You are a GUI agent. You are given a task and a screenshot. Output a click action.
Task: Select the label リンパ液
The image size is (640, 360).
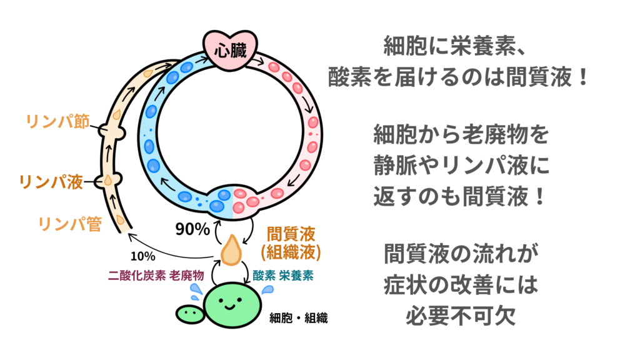click(51, 182)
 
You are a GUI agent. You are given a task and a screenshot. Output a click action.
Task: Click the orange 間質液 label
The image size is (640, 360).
click(291, 233)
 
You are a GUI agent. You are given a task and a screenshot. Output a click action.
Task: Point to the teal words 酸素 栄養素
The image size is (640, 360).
click(284, 275)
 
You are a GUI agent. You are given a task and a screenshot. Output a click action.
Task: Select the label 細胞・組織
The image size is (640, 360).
click(299, 318)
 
